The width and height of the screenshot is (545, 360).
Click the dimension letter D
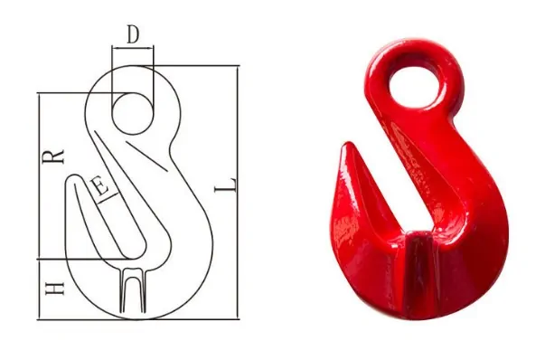pos(133,34)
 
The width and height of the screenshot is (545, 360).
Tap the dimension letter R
pos(53,156)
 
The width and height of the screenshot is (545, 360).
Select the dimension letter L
pos(226,185)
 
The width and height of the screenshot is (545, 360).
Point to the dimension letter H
pos(55,289)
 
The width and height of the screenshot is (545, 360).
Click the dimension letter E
pos(100,187)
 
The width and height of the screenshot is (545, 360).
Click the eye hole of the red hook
pos(415,86)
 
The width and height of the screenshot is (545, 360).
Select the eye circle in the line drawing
pos(133,113)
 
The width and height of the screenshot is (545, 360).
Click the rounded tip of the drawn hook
pos(74,176)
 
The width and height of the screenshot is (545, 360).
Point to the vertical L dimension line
pos(238,193)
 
